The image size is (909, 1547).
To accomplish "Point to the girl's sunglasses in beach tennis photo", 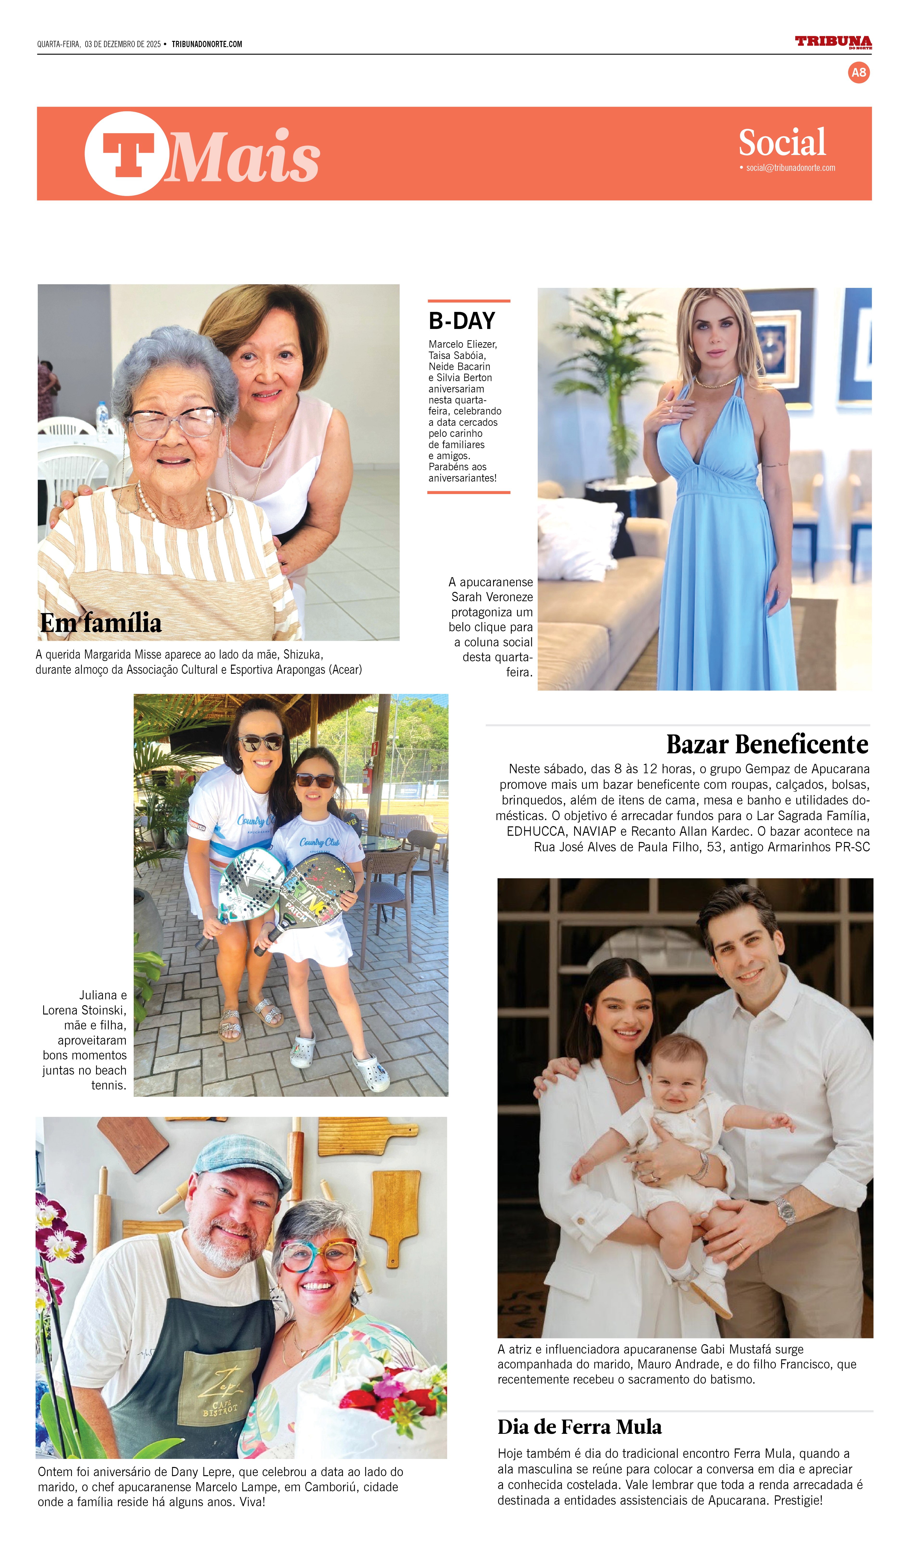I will pos(315,781).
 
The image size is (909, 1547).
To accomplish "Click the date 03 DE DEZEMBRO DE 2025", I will pos(123,44).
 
